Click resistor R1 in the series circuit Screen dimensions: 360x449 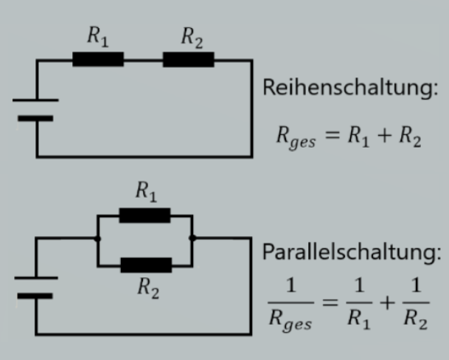tap(98, 60)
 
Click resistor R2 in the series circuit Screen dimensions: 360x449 tap(189, 60)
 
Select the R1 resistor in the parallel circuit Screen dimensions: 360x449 tap(145, 216)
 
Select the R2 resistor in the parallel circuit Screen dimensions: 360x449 tap(145, 264)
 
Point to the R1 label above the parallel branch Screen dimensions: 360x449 tap(145, 193)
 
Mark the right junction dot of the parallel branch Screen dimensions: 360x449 tap(192, 238)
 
